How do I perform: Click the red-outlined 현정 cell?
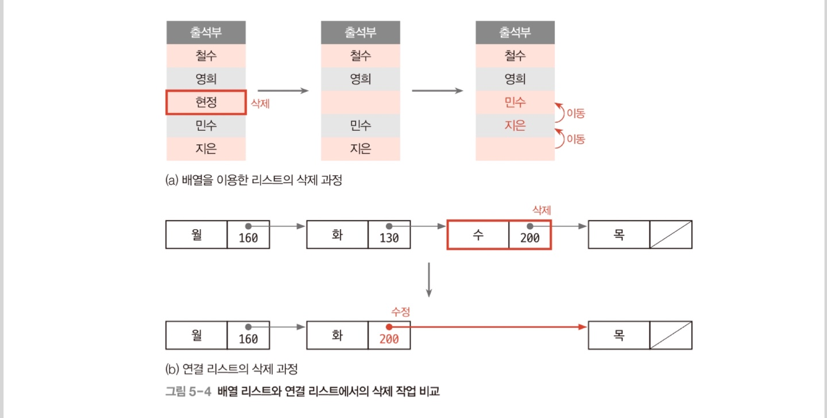coord(206,102)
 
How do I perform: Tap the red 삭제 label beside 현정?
coord(260,104)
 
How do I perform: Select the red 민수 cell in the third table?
coord(515,102)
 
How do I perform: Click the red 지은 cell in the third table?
coord(515,125)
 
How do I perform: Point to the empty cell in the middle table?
coord(360,102)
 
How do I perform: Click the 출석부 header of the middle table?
coord(360,32)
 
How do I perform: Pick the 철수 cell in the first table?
coord(206,56)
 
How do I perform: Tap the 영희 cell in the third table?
coord(515,79)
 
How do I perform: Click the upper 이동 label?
coord(575,114)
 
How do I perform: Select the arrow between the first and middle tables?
coord(283,91)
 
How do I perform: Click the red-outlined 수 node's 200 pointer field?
coord(530,235)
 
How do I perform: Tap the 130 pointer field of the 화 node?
coord(389,235)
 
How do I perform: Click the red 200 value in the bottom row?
coord(389,339)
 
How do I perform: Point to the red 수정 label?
coord(400,311)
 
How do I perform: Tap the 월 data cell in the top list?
coord(196,235)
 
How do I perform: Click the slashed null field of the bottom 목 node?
coord(670,335)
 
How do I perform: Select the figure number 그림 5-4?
coord(188,392)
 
